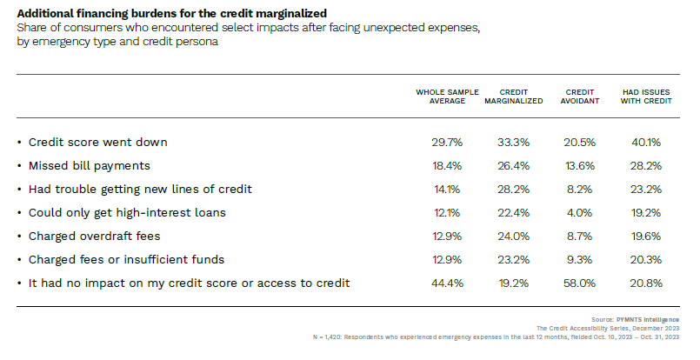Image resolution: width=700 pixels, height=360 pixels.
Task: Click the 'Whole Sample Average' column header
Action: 447,96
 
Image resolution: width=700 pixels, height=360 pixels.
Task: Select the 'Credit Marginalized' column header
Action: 514,96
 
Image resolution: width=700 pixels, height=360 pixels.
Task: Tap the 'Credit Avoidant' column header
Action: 580,96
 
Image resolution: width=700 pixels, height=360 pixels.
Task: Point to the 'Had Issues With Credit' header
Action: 646,96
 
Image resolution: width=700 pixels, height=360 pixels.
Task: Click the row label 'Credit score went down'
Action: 97,142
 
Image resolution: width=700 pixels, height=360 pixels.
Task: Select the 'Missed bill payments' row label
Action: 90,165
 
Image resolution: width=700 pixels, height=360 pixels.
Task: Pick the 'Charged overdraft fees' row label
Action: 95,236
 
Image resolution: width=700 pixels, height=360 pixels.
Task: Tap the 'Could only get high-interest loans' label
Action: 127,212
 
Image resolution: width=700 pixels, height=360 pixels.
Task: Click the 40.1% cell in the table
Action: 646,142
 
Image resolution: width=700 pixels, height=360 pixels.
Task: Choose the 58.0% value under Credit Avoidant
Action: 580,283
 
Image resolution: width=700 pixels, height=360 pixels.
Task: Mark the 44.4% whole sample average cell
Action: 447,283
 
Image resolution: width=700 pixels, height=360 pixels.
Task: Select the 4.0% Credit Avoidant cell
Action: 580,212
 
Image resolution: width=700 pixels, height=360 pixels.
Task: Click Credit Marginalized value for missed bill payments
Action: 514,165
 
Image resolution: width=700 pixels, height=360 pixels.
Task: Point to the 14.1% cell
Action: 447,189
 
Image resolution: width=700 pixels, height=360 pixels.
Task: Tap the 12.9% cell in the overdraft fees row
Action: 447,236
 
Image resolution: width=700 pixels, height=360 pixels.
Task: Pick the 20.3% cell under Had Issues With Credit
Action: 646,259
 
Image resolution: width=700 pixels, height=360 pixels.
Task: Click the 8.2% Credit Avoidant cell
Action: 580,189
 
